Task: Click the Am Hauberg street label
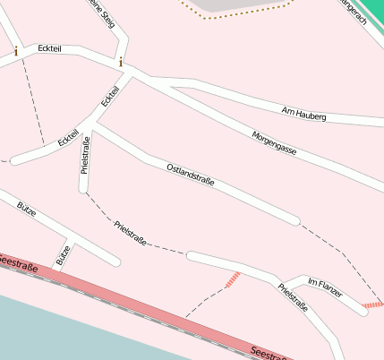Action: (x=303, y=115)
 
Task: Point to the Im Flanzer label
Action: (x=325, y=288)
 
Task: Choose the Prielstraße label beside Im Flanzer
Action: (x=293, y=296)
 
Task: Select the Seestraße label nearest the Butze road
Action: (x=18, y=263)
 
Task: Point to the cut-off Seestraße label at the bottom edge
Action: (x=269, y=353)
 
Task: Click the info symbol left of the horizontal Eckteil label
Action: (x=16, y=52)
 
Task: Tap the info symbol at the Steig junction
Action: (x=121, y=62)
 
